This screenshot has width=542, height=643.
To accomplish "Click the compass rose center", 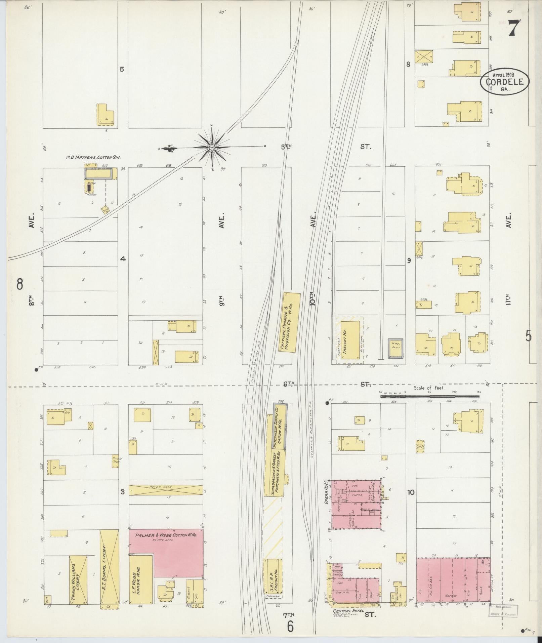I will [212, 147].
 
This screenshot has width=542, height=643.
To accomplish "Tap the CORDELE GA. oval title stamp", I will [504, 81].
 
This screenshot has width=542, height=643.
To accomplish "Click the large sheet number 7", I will [514, 29].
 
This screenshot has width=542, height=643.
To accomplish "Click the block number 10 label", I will [411, 492].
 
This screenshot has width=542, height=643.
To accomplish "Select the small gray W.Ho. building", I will [395, 348].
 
